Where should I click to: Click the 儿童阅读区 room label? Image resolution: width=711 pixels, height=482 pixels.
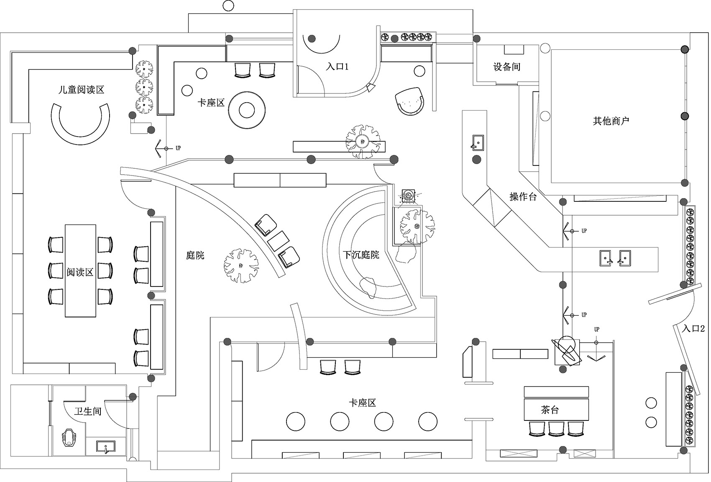pyautogui.click(x=81, y=90)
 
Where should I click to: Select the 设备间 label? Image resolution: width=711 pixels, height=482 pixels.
pyautogui.click(x=506, y=67)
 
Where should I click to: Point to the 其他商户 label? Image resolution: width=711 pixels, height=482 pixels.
pyautogui.click(x=611, y=121)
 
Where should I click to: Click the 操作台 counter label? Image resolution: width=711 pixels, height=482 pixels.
pyautogui.click(x=523, y=197)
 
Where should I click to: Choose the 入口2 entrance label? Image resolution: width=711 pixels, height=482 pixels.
pyautogui.click(x=693, y=329)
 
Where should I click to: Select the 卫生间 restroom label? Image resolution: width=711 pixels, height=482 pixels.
pyautogui.click(x=88, y=411)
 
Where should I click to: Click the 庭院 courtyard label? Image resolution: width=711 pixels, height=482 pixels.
pyautogui.click(x=195, y=255)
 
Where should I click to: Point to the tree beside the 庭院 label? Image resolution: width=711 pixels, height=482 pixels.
pyautogui.click(x=241, y=265)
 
